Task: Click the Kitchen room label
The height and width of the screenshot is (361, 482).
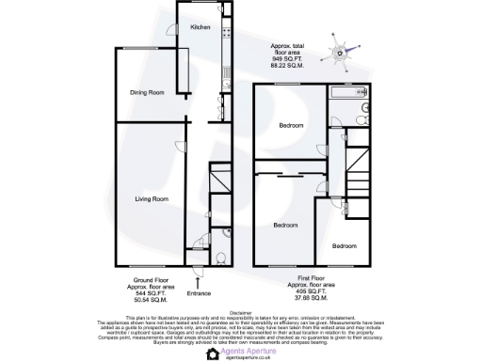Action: (201, 27)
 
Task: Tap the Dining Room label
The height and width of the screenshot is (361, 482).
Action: (147, 92)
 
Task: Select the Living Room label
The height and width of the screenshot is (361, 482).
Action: (151, 199)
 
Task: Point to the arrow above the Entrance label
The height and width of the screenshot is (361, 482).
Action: (199, 276)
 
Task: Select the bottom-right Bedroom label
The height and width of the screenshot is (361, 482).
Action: (344, 245)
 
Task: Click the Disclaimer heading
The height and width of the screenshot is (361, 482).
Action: (241, 312)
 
